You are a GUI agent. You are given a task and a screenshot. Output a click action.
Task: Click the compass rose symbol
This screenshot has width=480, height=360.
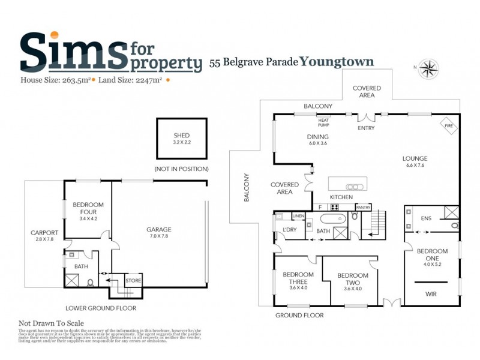[428, 68]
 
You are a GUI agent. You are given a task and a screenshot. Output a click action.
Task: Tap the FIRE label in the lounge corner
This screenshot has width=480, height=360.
[448, 126]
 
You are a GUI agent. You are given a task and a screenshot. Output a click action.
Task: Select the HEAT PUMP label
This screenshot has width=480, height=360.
[324, 122]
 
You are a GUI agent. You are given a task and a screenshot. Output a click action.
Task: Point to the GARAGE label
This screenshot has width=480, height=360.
[158, 229]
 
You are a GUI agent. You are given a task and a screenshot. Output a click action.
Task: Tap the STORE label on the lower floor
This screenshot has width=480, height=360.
[133, 280]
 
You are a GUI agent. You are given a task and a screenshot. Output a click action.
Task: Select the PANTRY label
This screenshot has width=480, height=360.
[363, 208]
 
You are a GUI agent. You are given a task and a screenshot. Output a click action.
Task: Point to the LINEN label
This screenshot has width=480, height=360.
[298, 215]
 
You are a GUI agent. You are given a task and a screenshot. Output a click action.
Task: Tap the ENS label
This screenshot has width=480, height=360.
[427, 218]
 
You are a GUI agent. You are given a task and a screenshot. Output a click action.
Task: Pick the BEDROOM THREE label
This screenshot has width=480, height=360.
[295, 278]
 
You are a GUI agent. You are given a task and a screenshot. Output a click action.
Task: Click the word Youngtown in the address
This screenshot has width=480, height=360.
[337, 61]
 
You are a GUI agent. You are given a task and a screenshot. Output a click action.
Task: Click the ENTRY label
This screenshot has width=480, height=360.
[365, 128]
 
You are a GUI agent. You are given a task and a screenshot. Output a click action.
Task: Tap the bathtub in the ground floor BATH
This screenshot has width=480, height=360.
[331, 218]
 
